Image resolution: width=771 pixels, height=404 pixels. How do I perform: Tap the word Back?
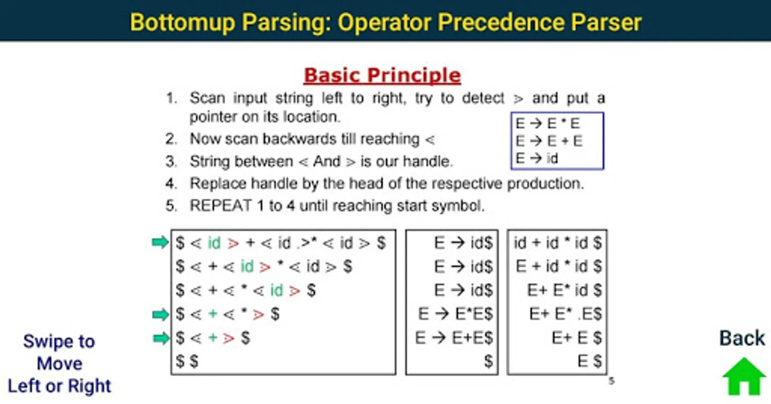point(742,338)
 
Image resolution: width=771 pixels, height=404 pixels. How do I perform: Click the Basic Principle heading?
point(382,75)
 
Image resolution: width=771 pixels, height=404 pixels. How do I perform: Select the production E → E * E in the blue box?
point(548,123)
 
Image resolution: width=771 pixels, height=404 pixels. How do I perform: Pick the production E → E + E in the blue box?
point(549,141)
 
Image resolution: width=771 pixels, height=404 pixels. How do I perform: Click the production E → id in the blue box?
point(537,158)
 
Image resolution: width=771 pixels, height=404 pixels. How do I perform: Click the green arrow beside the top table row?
point(160,243)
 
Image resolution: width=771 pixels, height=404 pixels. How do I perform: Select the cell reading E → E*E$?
point(455,314)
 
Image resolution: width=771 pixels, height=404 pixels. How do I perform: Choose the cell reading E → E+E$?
point(454,338)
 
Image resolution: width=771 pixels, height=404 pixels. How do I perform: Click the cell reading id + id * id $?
point(558,243)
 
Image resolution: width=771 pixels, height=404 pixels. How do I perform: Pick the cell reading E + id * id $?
point(558,267)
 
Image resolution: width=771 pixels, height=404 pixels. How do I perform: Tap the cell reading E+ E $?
point(576,338)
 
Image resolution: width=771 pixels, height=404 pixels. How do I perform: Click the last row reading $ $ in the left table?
point(187,361)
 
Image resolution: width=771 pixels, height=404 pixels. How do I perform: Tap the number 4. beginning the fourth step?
point(171,184)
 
